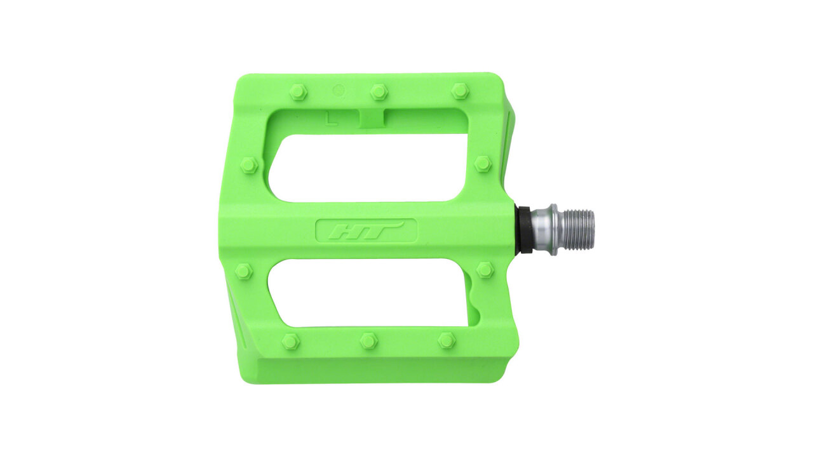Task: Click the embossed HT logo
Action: click(x=366, y=230)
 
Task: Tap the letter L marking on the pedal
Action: click(x=331, y=118)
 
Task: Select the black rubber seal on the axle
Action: click(x=525, y=230)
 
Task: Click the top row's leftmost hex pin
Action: click(x=299, y=92)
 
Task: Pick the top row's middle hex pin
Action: click(x=379, y=91)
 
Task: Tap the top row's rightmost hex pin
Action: click(x=460, y=91)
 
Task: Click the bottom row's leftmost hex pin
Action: click(x=291, y=341)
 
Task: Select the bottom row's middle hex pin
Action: click(x=369, y=341)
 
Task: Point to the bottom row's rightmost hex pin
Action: click(x=447, y=341)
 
